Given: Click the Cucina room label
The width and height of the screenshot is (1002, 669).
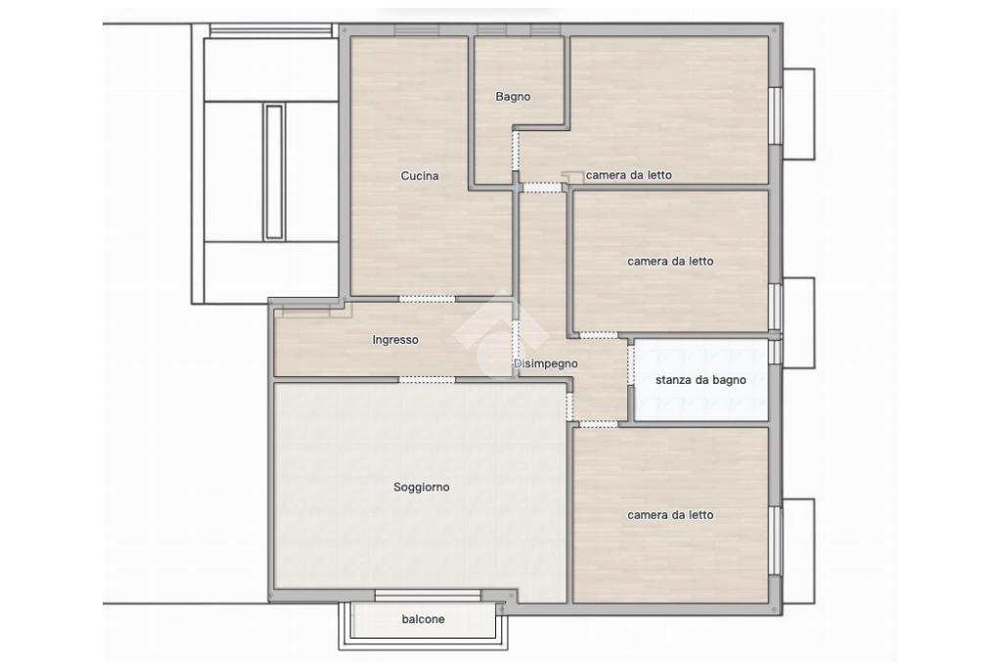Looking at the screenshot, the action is (420, 176).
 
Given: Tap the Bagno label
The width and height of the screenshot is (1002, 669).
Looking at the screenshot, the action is (513, 97).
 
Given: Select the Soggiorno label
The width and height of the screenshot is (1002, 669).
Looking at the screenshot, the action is (422, 488).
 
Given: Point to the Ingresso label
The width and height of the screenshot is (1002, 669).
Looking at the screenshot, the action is (395, 340).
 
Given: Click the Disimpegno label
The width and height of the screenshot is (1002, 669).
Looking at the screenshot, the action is (546, 363).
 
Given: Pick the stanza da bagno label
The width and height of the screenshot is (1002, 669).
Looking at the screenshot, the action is (701, 380).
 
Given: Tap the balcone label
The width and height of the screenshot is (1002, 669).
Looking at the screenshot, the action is (423, 619).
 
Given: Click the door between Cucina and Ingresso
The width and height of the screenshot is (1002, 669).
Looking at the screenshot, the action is (428, 299).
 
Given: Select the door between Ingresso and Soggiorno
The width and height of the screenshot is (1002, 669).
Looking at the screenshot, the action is (428, 380).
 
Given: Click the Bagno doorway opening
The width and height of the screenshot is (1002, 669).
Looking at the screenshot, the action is (516, 152).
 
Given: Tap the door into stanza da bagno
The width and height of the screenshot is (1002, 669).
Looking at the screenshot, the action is (631, 365).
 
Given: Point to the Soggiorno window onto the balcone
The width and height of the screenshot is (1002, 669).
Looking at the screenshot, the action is (428, 596).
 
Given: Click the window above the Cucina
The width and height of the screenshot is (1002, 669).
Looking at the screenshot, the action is (417, 29).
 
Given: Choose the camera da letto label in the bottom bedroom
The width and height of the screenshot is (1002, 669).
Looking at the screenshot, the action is (670, 515).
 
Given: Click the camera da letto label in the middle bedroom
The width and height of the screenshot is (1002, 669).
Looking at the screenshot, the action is (670, 261).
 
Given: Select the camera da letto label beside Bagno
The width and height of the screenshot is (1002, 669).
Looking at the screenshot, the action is (629, 175).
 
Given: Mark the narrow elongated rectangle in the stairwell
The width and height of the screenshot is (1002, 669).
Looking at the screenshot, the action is (274, 172).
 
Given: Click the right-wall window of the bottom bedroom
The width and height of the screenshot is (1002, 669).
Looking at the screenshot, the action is (775, 541).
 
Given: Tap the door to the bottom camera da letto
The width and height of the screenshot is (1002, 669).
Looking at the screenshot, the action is (599, 424).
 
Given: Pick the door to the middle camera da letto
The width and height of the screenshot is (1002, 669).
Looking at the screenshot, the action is (599, 335).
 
